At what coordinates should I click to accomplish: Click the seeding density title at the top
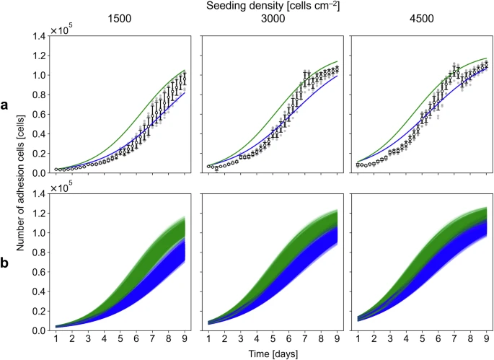pos(271,6)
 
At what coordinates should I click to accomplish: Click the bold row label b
pos(5,263)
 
